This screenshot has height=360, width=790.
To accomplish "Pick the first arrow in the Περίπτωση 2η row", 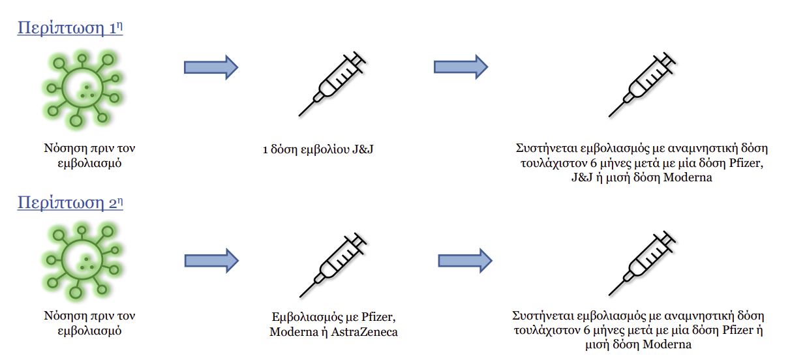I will tap(211, 260).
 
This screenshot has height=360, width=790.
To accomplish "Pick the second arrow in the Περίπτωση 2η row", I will tap(464, 260).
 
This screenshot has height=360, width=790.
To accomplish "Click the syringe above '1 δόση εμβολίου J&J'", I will tap(331, 83).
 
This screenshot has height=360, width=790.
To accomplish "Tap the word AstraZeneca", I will tap(367, 333).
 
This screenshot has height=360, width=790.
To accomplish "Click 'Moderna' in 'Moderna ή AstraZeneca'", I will tap(292, 333).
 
